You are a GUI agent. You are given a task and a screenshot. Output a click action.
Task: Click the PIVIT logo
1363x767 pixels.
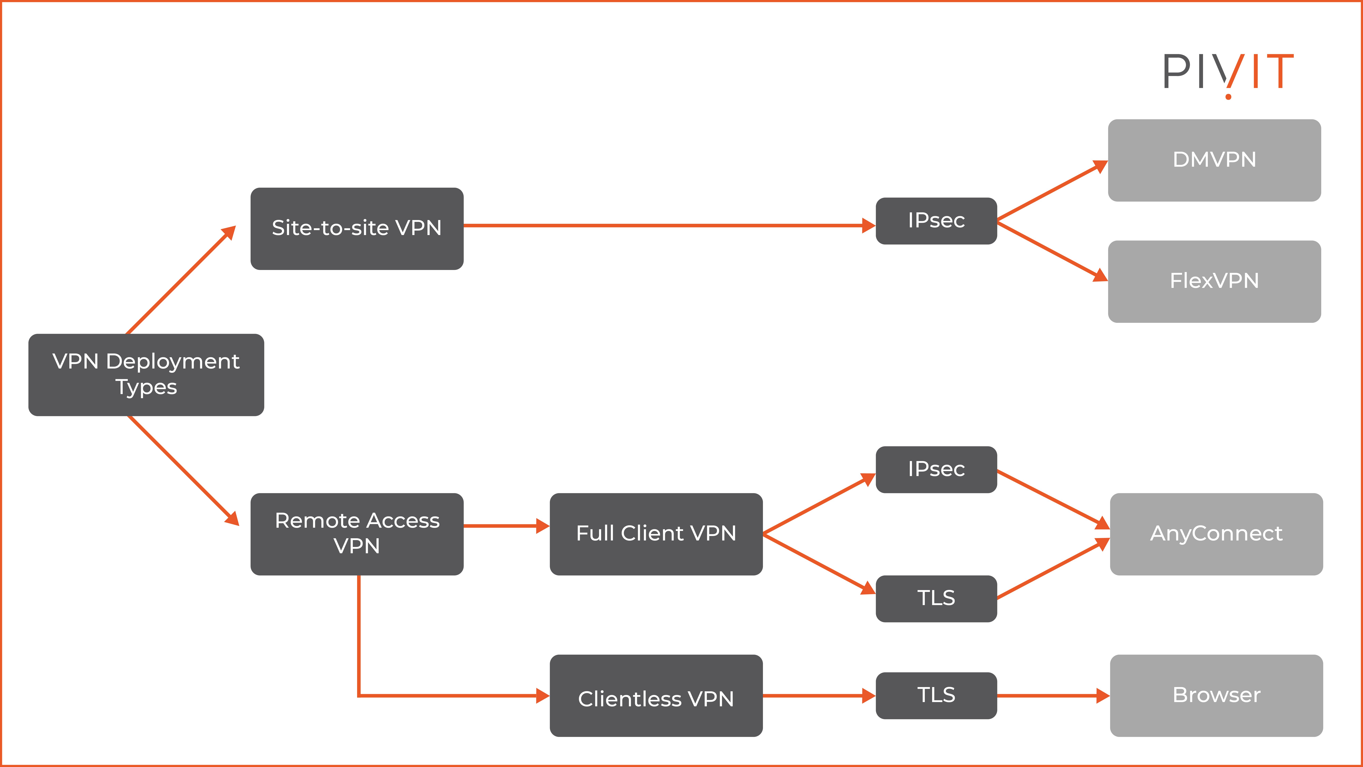click(x=1228, y=74)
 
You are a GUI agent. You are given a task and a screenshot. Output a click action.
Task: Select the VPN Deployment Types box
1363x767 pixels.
click(x=146, y=375)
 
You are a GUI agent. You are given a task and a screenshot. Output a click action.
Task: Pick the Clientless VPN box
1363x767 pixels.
click(x=656, y=696)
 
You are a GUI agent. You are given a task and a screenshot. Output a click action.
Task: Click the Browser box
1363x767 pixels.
click(x=1216, y=696)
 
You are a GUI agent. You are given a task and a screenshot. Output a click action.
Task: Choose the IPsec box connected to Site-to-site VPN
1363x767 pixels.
click(x=936, y=221)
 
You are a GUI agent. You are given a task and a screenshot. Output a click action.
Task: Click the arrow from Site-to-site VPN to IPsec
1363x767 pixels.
click(x=667, y=225)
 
